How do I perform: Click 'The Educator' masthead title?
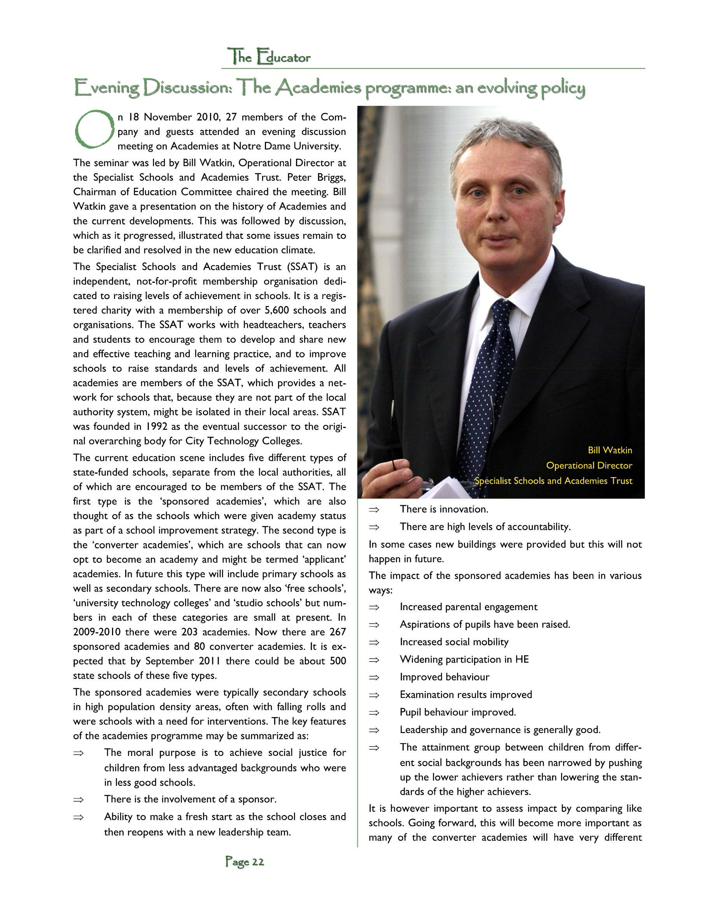(x=269, y=57)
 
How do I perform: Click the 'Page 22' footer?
(x=245, y=861)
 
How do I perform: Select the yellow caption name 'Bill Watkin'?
(x=609, y=450)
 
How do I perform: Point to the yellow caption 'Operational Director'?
(x=589, y=465)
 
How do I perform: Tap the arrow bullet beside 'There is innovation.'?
(x=374, y=509)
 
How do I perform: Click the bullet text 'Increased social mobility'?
(x=454, y=642)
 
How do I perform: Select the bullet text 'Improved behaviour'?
(x=444, y=677)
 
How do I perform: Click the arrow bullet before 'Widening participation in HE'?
(x=374, y=660)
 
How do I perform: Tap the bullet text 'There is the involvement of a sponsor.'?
(x=190, y=799)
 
